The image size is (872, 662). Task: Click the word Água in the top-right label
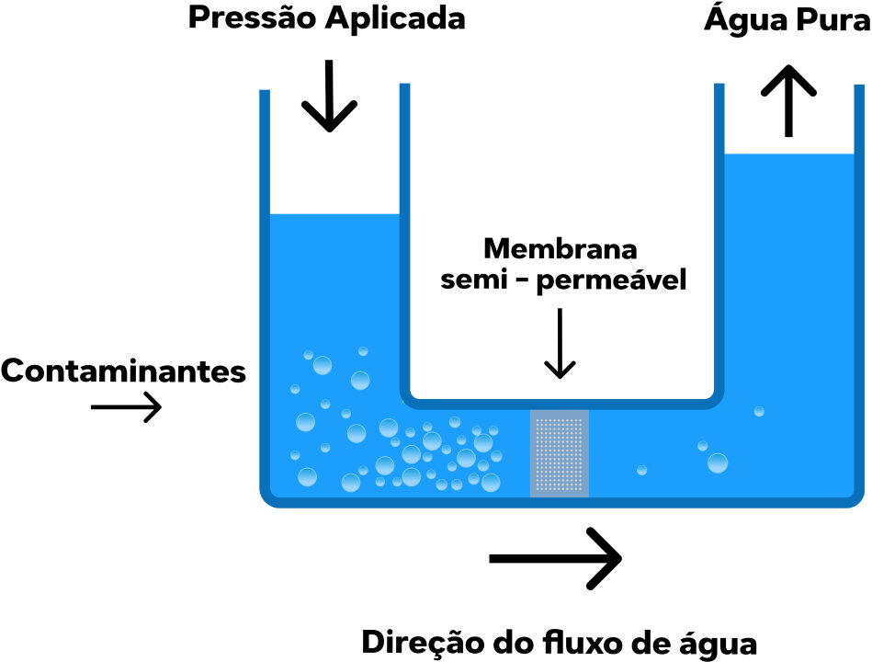[x=742, y=19]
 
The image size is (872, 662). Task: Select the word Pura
[x=828, y=19]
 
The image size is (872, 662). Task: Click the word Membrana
[x=561, y=249]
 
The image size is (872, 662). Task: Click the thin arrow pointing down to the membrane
[x=559, y=344]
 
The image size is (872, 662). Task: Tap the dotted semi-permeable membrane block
[x=560, y=452]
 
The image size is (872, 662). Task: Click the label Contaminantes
[x=123, y=371]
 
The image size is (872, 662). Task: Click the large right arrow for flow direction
[x=556, y=557]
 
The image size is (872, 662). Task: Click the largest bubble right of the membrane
[x=718, y=462]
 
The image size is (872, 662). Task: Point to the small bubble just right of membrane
[x=641, y=470]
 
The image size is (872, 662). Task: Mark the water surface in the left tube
[x=334, y=215]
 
